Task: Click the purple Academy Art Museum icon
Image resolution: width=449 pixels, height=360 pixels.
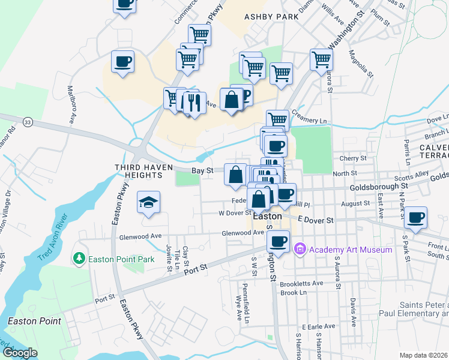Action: coord(300,248)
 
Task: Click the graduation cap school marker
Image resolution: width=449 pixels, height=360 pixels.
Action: coord(148,202)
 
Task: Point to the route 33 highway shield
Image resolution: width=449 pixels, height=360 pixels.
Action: coord(27,122)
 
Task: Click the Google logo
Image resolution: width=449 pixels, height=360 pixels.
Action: coord(20,353)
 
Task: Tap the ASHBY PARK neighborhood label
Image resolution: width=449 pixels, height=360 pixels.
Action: coord(271,17)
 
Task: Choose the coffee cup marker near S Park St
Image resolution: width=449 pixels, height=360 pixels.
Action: coord(415,217)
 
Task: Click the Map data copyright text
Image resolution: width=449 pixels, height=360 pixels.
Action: coord(424,355)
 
